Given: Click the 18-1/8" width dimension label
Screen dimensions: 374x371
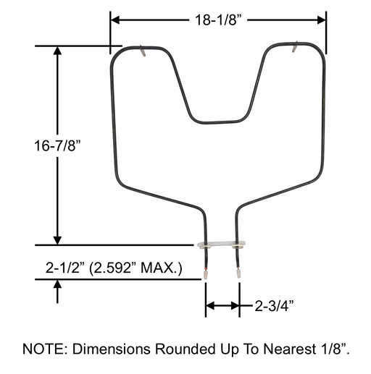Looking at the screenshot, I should [217, 20].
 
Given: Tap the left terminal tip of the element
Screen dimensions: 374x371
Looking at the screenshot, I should [207, 274].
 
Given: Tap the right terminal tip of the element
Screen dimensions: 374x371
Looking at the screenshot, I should [238, 274].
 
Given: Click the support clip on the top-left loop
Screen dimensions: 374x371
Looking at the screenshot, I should [142, 51].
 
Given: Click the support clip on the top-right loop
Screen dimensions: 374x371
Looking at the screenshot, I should [294, 49].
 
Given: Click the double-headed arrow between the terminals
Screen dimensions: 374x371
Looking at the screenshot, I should [222, 306].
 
